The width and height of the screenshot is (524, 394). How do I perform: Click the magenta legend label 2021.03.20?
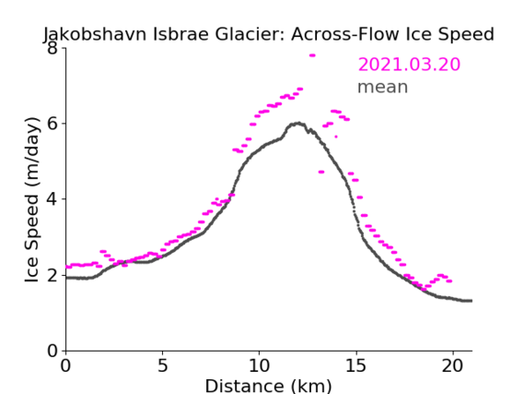click(409, 65)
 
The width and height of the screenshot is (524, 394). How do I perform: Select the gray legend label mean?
click(383, 87)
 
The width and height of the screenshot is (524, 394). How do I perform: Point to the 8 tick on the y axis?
click(52, 48)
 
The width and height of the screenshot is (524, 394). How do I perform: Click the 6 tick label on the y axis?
click(52, 124)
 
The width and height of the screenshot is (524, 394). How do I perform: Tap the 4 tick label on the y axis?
click(52, 199)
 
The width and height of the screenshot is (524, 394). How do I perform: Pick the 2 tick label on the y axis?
click(52, 275)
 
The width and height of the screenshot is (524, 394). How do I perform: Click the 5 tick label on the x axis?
click(162, 365)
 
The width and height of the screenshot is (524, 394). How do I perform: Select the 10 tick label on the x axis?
click(259, 365)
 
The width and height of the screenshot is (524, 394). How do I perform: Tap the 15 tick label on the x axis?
click(355, 365)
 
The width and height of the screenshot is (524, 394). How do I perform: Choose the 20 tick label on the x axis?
click(452, 365)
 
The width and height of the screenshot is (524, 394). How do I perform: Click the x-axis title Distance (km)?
click(268, 387)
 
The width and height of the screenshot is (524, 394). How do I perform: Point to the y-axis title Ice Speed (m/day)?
click(32, 200)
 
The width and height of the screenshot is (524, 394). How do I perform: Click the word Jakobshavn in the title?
click(95, 34)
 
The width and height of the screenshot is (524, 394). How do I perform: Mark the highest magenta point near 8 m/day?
click(312, 55)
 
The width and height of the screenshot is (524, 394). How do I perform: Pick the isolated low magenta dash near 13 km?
click(321, 172)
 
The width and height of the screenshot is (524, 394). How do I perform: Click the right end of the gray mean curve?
click(472, 301)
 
